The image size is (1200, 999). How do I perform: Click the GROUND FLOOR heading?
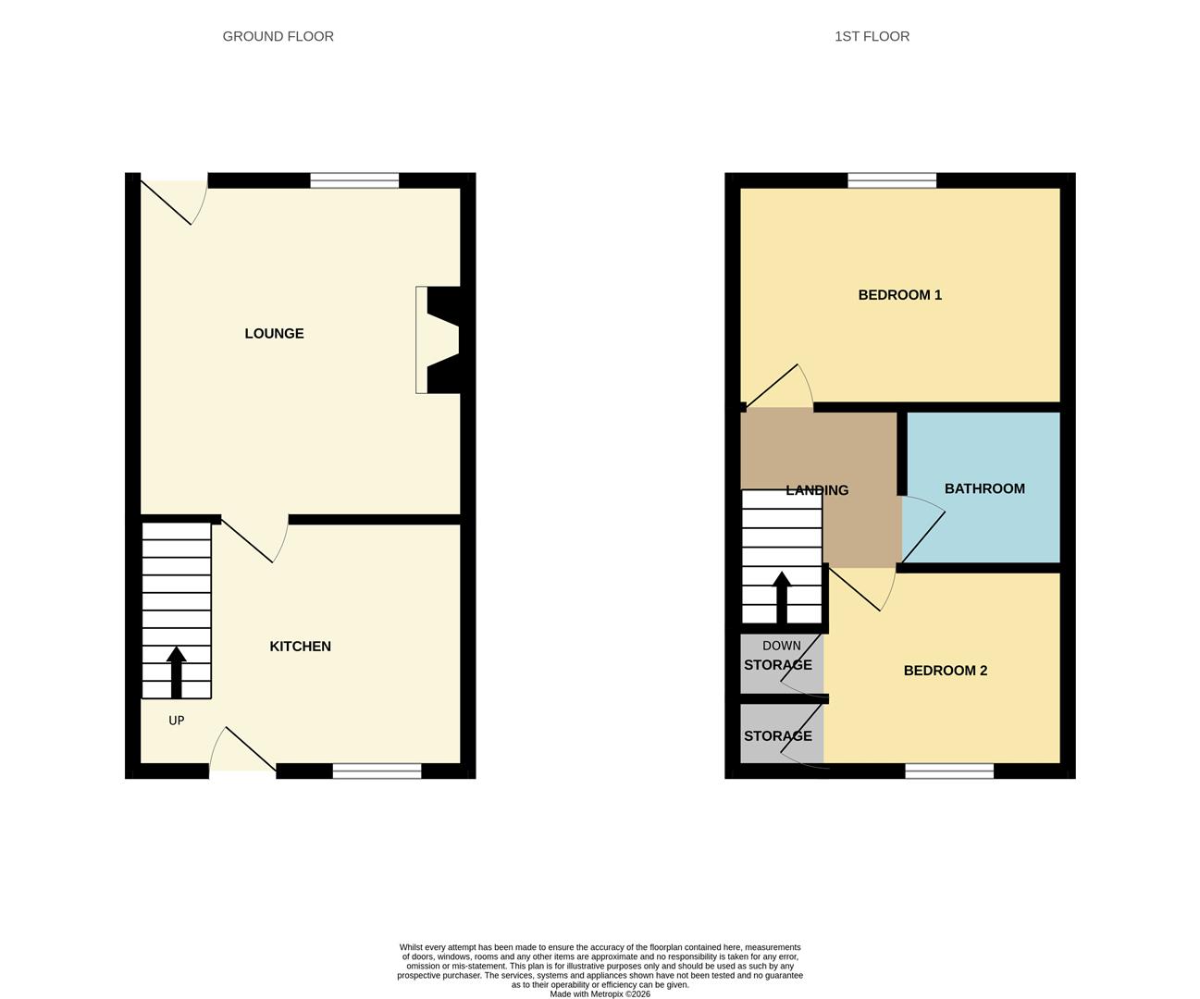pos(278,36)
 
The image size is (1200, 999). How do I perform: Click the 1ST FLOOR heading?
pos(872,36)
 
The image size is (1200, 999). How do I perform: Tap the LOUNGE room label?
pos(274,333)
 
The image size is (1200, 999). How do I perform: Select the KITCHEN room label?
pos(300,647)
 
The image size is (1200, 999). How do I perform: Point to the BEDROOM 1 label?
pos(899,295)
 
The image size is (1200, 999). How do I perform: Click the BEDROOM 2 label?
pos(945,671)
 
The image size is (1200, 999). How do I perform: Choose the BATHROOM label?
pos(984,488)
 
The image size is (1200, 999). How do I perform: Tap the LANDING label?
pos(817,490)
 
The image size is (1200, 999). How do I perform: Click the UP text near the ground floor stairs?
pos(176,721)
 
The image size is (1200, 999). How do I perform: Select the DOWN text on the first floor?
pos(782,646)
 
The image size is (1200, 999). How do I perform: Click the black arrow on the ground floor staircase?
pos(176,672)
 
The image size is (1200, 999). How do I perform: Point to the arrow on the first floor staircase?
pos(782,598)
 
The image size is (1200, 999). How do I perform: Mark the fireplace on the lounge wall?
pos(439,339)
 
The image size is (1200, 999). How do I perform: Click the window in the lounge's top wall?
pos(354,180)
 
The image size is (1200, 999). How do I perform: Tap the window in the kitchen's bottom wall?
pos(377,771)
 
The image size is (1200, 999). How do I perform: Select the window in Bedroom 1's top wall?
pos(892,180)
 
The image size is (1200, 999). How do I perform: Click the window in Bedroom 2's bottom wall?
pos(949,771)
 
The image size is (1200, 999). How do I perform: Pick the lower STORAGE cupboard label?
pos(777,736)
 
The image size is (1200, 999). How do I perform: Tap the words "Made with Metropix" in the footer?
pos(588,994)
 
